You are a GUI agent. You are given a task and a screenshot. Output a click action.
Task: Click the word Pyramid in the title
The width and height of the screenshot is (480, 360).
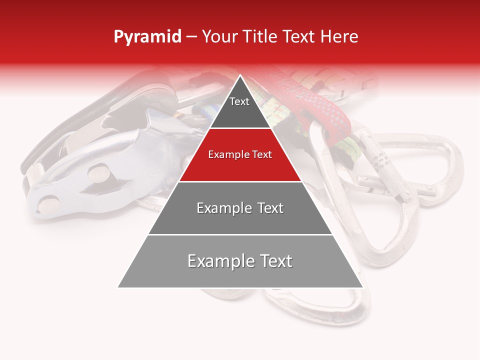[147, 37]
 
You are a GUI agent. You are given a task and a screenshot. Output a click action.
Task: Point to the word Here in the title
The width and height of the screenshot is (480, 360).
[339, 37]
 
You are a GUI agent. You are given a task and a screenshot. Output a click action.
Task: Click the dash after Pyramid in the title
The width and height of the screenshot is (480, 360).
[191, 37]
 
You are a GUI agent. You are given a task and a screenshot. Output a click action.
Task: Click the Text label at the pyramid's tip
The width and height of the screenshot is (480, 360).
[239, 101]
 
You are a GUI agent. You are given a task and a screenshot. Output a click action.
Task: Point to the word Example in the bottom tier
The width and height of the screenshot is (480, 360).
[218, 261]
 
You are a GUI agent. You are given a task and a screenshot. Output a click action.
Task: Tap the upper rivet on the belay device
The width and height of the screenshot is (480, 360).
[98, 173]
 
